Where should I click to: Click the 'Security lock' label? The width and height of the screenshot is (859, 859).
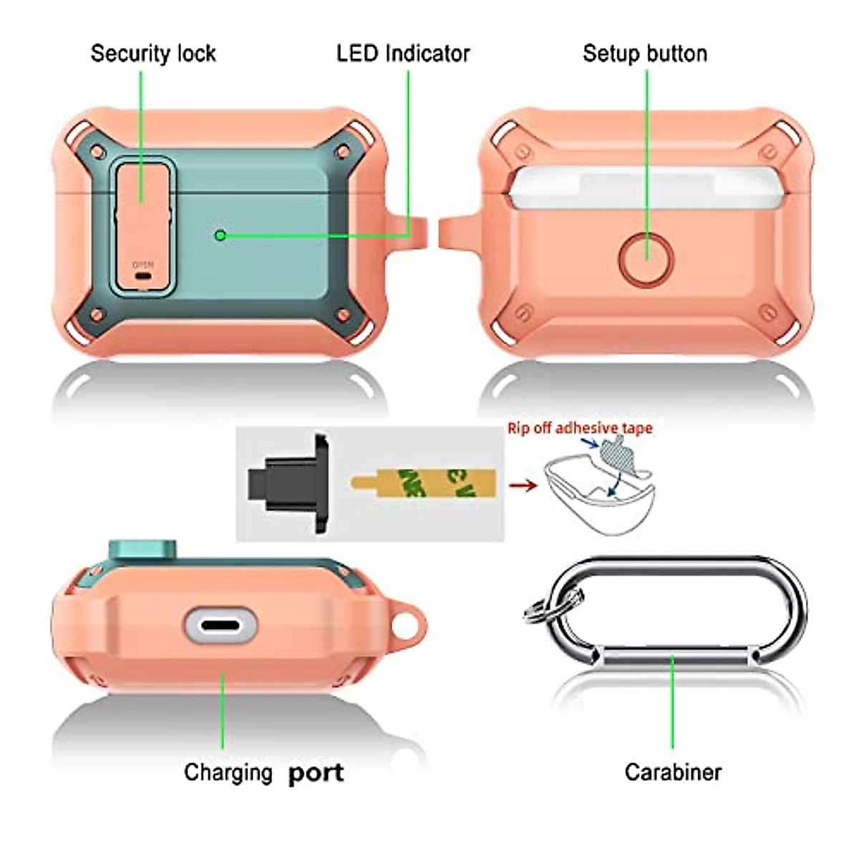pyautogui.click(x=152, y=54)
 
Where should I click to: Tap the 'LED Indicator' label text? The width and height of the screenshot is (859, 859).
pyautogui.click(x=403, y=54)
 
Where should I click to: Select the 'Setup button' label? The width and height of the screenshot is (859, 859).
pyautogui.click(x=644, y=54)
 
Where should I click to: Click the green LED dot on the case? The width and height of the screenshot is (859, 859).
pyautogui.click(x=220, y=234)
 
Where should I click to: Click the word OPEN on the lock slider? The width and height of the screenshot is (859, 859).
pyautogui.click(x=143, y=265)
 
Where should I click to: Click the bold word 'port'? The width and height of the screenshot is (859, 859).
pyautogui.click(x=316, y=773)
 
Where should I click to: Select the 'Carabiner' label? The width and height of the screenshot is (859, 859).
pyautogui.click(x=672, y=772)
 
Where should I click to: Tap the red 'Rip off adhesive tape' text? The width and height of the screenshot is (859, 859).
pyautogui.click(x=580, y=428)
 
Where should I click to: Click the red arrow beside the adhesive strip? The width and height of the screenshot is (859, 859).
pyautogui.click(x=524, y=485)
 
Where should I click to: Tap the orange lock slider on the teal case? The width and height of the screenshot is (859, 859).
pyautogui.click(x=142, y=215)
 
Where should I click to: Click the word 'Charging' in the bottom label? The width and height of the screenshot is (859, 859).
pyautogui.click(x=228, y=772)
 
